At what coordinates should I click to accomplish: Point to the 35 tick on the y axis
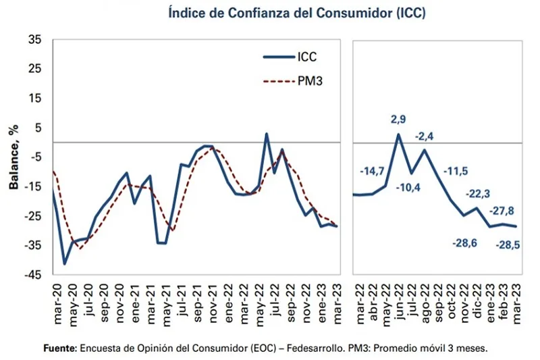[x=34, y=40]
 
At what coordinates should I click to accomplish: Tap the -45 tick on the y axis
[x=32, y=275]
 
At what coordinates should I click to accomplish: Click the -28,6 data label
[x=464, y=242]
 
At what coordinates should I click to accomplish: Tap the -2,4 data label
[x=425, y=136]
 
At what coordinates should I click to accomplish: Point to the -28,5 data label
[x=509, y=244]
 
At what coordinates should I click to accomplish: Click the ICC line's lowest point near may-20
[x=65, y=264]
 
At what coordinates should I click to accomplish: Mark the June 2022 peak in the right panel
[x=398, y=134]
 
